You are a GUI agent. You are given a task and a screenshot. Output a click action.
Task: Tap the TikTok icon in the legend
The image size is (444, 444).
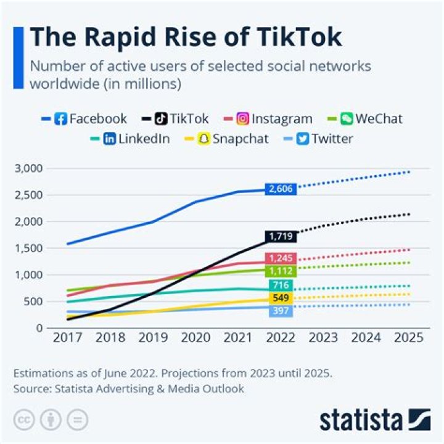(x=161, y=118)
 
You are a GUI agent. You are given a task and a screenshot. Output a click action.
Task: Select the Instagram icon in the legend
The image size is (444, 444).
(x=243, y=118)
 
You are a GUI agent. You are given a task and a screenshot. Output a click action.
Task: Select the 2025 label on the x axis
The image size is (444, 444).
(x=408, y=338)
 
